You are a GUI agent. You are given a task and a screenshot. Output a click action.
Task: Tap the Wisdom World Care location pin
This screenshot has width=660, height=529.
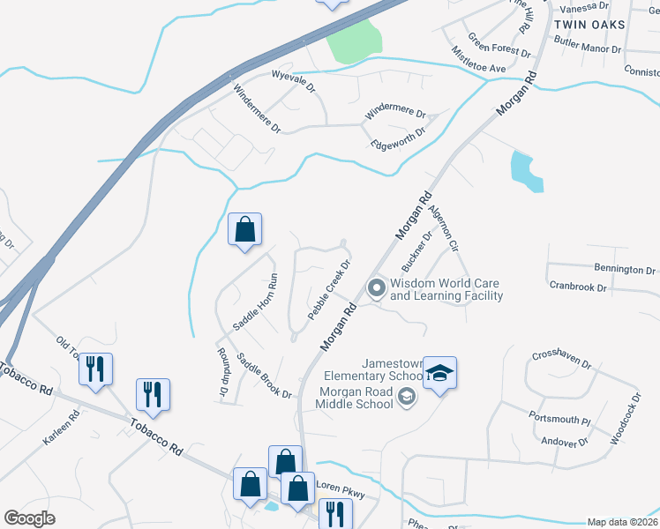point(377,289)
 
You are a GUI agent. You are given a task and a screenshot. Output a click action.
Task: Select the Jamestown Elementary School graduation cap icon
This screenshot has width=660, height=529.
point(439,375)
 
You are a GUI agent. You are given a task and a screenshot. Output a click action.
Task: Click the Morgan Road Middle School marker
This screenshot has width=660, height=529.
point(405,399)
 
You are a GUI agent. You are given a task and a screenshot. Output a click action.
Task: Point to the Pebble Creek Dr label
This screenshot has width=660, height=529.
point(330,289)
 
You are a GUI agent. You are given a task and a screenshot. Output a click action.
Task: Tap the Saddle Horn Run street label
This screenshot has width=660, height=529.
point(255,302)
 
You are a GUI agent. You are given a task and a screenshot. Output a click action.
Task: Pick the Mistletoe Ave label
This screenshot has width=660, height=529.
point(479,62)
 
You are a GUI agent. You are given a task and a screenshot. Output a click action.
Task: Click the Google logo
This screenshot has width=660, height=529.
point(30,518)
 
